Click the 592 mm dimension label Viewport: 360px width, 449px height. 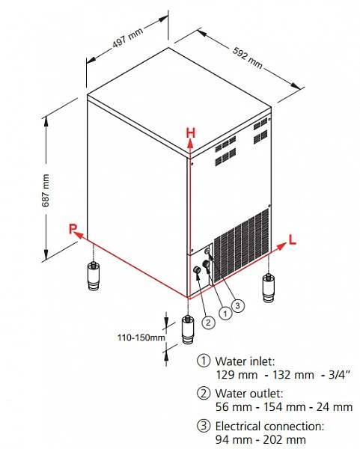tap(248, 58)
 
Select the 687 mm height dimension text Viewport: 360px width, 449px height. tap(45, 190)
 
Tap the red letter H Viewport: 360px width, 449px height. tap(191, 133)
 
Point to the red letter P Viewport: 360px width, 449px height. tap(73, 228)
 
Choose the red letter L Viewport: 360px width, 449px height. tap(292, 239)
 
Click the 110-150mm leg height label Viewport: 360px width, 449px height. tap(141, 337)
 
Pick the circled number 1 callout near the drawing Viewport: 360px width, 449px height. tap(225, 314)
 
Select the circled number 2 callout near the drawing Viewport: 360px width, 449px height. tap(208, 323)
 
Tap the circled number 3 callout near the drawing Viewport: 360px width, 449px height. tap(238, 305)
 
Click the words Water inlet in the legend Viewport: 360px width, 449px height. tap(245, 361)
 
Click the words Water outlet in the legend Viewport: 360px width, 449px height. tap(249, 394)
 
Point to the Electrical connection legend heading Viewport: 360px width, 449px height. tap(269, 426)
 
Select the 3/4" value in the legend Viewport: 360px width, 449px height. tap(339, 375)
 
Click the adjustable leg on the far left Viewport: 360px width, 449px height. tap(94, 275)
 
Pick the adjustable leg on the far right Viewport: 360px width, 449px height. tap(269, 287)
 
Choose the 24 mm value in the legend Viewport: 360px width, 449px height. tap(335, 406)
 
